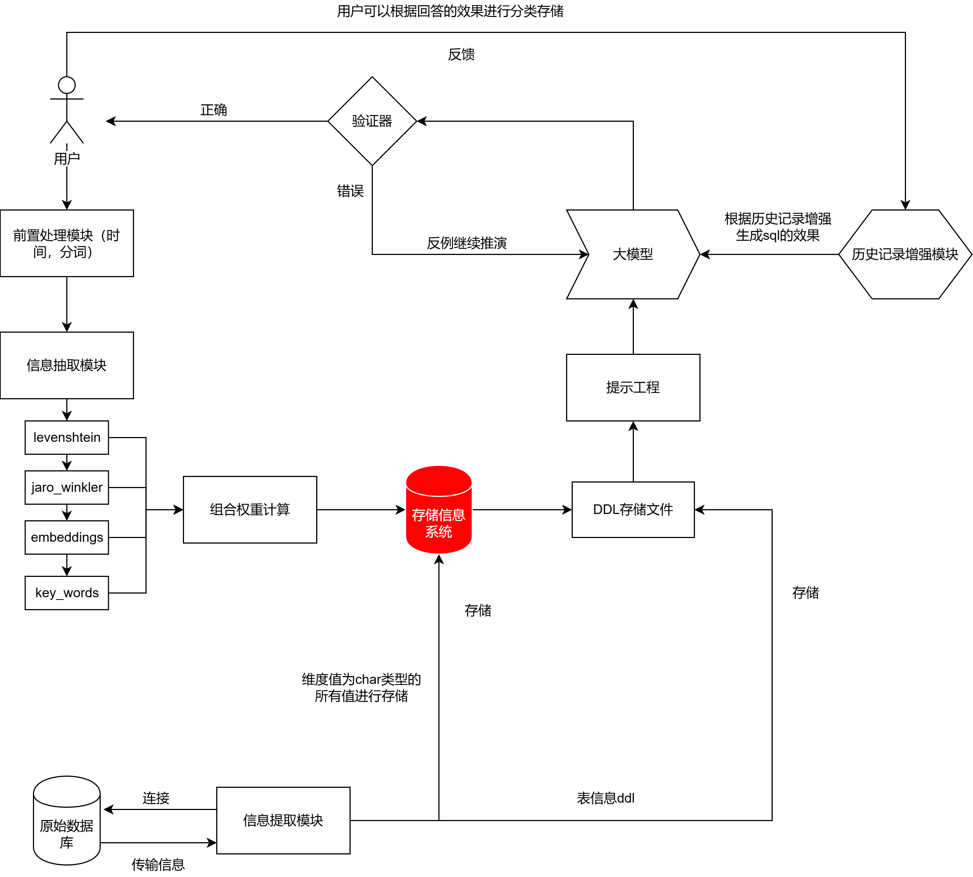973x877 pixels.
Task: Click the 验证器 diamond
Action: (x=372, y=121)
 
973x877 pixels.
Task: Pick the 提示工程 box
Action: (x=633, y=387)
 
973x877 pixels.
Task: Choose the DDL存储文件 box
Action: (x=633, y=509)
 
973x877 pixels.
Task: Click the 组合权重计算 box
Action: (x=250, y=509)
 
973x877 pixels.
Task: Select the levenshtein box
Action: (x=67, y=437)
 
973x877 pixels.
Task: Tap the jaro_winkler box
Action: (x=67, y=487)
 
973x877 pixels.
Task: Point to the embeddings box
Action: (x=67, y=537)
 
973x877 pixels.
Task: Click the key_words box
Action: (x=67, y=593)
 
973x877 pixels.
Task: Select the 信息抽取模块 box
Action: (x=67, y=365)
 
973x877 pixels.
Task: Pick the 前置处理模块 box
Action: (x=67, y=243)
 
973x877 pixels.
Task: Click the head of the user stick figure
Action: (x=67, y=85)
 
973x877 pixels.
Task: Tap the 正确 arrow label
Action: (x=214, y=110)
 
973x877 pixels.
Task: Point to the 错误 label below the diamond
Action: (x=350, y=191)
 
